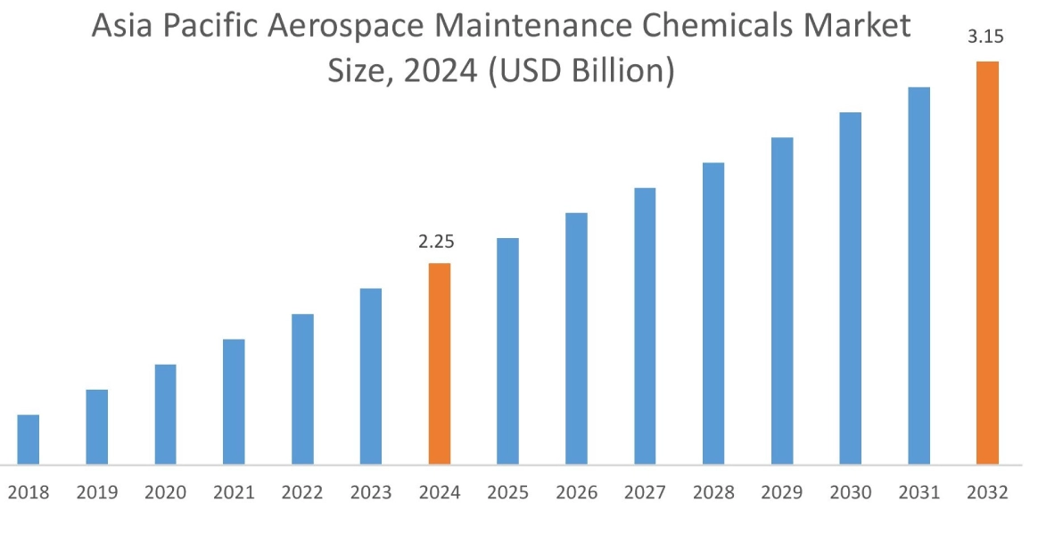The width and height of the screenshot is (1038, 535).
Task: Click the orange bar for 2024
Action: (x=440, y=364)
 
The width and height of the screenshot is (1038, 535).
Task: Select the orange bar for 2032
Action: (x=987, y=263)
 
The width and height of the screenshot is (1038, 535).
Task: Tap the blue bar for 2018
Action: (x=29, y=440)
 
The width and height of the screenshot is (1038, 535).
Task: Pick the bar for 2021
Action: (x=234, y=401)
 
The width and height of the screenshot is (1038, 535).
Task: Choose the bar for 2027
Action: (x=645, y=325)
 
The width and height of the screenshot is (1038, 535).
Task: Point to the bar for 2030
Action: (x=851, y=288)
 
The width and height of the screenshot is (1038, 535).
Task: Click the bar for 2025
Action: (x=507, y=351)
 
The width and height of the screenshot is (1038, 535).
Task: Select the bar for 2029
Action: (x=782, y=300)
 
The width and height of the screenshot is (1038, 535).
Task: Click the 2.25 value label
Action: (x=439, y=243)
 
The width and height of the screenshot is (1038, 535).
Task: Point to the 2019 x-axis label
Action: (x=96, y=492)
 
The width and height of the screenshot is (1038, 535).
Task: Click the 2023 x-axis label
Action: (x=370, y=492)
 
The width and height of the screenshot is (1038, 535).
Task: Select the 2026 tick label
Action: (x=576, y=492)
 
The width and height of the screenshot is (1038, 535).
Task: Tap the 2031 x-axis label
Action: (x=919, y=492)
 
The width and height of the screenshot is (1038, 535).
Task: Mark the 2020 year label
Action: (x=165, y=492)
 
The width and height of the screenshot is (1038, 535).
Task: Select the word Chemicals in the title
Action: (x=721, y=27)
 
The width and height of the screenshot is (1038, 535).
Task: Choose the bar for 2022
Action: (x=302, y=389)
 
